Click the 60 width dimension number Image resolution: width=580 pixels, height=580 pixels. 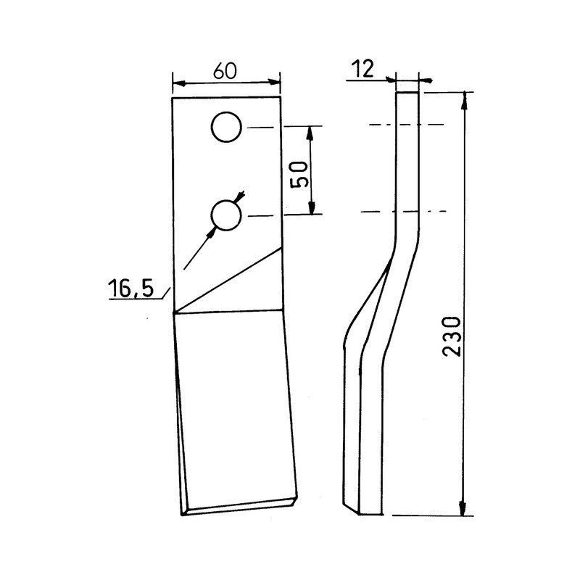click(x=226, y=70)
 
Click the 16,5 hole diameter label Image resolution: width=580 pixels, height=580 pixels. click(x=130, y=289)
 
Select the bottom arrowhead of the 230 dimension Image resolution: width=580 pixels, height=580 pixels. click(x=463, y=510)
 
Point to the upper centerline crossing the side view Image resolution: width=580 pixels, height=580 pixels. click(x=406, y=125)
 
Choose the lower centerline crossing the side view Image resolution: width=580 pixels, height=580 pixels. click(x=406, y=212)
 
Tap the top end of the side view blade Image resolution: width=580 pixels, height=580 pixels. click(x=407, y=94)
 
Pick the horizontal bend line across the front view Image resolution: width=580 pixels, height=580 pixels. click(x=226, y=312)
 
